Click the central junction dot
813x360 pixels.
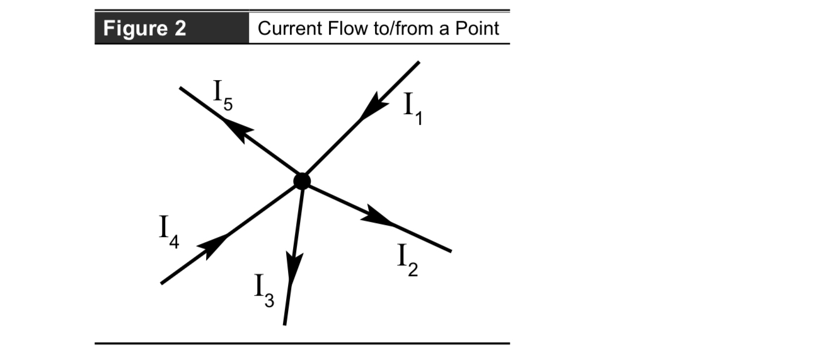pyautogui.click(x=302, y=181)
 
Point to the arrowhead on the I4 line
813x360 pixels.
pyautogui.click(x=215, y=245)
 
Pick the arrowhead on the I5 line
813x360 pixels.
pyautogui.click(x=238, y=129)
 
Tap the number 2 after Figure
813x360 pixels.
pyautogui.click(x=178, y=29)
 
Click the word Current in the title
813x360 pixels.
pyautogui.click(x=286, y=29)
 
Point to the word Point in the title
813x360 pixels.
pyautogui.click(x=478, y=29)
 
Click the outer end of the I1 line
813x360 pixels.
pyautogui.click(x=418, y=62)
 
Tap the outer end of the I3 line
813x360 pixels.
pyautogui.click(x=285, y=324)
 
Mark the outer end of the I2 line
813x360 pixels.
pyautogui.click(x=450, y=251)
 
